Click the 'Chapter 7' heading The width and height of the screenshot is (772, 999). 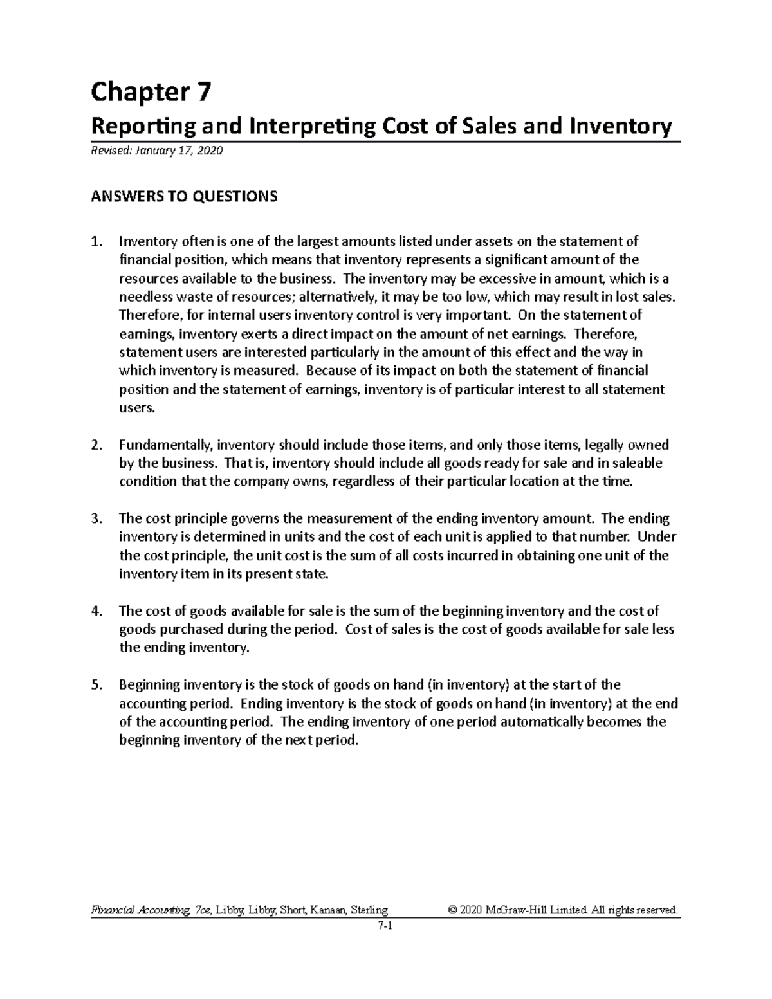pyautogui.click(x=150, y=94)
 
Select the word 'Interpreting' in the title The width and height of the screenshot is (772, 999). pyautogui.click(x=311, y=127)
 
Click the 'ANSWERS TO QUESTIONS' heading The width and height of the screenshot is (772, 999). pyautogui.click(x=184, y=196)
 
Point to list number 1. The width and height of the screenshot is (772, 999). pyautogui.click(x=96, y=242)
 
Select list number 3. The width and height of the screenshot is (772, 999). pyautogui.click(x=96, y=518)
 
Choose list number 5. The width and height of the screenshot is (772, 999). pyautogui.click(x=96, y=685)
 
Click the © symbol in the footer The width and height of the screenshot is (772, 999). pyautogui.click(x=453, y=910)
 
